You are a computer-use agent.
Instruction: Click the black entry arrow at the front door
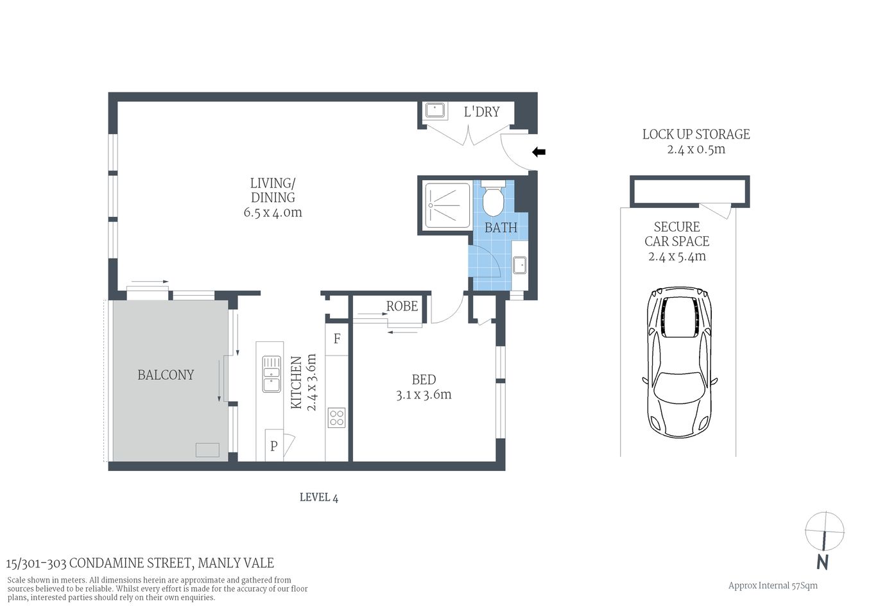[539, 152]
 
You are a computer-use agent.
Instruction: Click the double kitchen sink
[272, 374]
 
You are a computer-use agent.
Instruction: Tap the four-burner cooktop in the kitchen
[336, 418]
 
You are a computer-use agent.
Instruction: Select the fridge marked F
[336, 339]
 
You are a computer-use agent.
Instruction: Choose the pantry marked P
[274, 446]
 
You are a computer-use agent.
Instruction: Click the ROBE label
[402, 306]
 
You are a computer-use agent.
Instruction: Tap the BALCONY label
[166, 375]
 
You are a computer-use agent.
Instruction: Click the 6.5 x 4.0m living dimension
[273, 212]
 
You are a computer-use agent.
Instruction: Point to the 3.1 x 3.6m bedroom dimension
[424, 395]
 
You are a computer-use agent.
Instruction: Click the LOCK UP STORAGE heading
[696, 134]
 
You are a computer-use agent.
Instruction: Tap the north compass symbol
[824, 533]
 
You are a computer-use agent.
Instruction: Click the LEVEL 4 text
[318, 497]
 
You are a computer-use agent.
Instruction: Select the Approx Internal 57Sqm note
[773, 585]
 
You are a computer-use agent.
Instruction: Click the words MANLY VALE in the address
[236, 563]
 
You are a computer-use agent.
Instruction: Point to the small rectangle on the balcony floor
[207, 450]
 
